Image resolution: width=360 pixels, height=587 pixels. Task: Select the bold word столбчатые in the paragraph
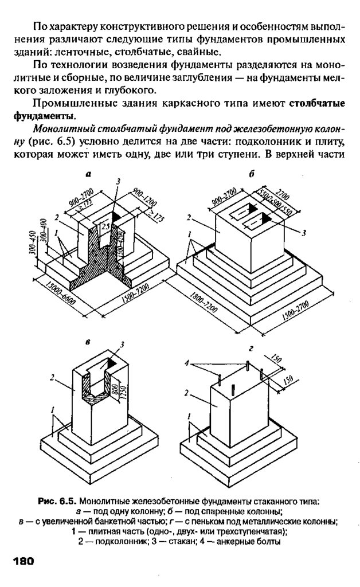pos(317,103)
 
